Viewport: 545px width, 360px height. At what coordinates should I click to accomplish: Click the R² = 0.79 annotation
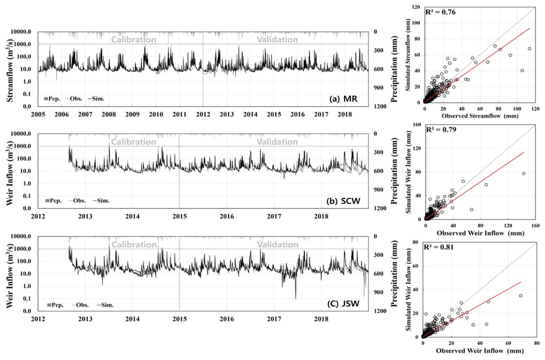click(441, 129)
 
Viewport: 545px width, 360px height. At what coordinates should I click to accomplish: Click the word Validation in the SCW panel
click(277, 142)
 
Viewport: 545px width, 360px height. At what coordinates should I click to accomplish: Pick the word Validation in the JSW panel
click(277, 245)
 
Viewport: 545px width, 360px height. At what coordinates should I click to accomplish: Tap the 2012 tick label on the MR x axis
click(203, 114)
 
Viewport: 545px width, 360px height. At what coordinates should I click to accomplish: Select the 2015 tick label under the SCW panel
click(180, 216)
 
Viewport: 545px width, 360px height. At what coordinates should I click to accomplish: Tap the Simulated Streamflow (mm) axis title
click(409, 54)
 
